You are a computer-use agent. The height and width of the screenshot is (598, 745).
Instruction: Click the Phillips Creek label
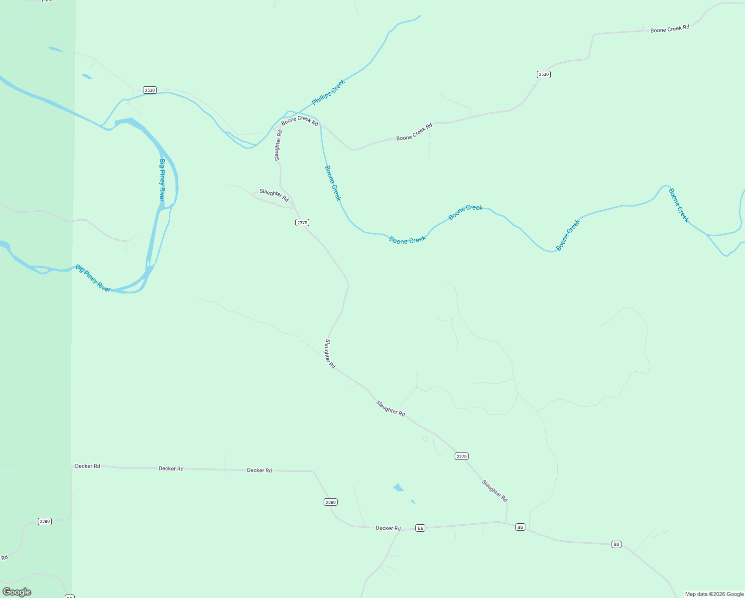(328, 92)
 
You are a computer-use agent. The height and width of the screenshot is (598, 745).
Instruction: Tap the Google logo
(17, 592)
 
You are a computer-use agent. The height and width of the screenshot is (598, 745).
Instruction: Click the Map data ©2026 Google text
(714, 594)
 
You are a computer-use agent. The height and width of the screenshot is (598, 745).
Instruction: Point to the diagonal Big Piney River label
(93, 278)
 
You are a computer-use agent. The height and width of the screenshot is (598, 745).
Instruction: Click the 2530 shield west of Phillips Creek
(149, 90)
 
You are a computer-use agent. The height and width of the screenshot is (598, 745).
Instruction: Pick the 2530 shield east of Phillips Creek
(543, 74)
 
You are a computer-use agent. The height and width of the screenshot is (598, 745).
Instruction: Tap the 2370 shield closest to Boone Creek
(302, 223)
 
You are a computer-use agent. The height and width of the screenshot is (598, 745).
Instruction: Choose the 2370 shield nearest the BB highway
(461, 456)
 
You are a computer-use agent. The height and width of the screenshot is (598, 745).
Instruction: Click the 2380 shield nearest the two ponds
(331, 502)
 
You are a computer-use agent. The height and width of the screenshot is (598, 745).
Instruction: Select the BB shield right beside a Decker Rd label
(420, 528)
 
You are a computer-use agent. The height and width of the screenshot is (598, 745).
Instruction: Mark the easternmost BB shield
(617, 544)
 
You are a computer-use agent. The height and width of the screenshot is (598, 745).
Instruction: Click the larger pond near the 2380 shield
(398, 487)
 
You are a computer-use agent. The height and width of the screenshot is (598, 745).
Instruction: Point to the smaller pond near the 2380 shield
(413, 502)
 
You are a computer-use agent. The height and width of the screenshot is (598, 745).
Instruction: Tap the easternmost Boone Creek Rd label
(670, 29)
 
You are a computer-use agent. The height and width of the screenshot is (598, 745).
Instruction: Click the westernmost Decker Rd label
(88, 466)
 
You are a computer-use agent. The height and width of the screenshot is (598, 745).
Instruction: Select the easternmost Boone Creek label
(678, 205)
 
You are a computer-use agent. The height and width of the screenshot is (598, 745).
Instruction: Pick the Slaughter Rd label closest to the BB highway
(495, 490)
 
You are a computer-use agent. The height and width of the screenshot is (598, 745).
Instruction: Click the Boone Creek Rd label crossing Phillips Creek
(299, 121)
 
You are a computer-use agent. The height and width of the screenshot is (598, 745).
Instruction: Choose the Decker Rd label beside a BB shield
(388, 528)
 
